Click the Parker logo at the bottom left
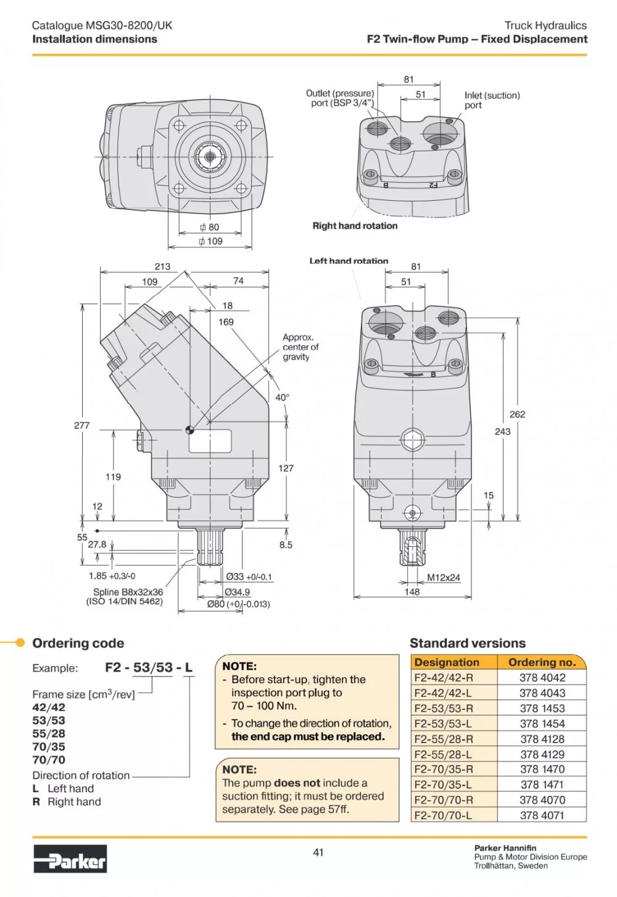[x=70, y=859]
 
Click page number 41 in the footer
[x=318, y=853]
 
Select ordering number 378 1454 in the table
[x=542, y=723]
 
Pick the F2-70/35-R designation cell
[x=444, y=769]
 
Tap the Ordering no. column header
[x=542, y=662]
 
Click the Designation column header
[x=447, y=662]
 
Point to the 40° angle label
[x=281, y=397]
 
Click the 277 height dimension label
[x=81, y=426]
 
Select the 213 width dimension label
[x=162, y=266]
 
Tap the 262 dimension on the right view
[x=517, y=415]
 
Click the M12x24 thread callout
[x=444, y=578]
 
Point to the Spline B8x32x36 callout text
[x=128, y=592]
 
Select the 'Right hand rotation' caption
[x=355, y=226]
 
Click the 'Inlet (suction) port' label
[x=492, y=100]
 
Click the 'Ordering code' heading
[x=78, y=643]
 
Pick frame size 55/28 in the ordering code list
[x=49, y=733]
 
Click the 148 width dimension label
[x=412, y=592]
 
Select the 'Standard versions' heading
[x=468, y=643]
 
